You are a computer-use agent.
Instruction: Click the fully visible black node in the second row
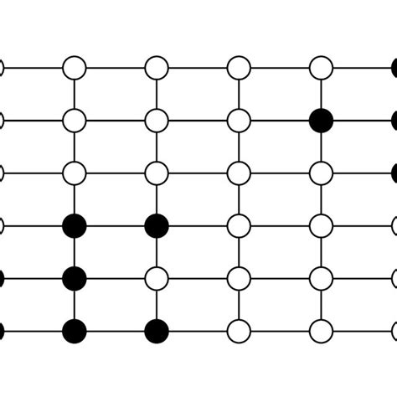pos(321,120)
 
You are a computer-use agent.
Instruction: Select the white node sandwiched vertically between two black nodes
pos(157,277)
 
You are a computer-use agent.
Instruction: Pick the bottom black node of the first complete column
pos(75,331)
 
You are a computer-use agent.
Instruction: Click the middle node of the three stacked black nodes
pos(75,277)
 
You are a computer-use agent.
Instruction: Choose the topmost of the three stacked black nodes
pos(75,224)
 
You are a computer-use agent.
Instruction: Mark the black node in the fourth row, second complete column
pos(157,224)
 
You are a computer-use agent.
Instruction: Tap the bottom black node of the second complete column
pos(157,331)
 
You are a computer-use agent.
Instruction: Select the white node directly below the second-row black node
pos(321,173)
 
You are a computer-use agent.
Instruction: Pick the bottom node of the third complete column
pos(239,331)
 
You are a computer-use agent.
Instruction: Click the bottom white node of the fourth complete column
pos(321,331)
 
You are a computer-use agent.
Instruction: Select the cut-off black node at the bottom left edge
pos(2,331)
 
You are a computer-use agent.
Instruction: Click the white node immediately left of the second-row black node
pos(239,120)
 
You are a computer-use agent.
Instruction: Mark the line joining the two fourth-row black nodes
pos(116,224)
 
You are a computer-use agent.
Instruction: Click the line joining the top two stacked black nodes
pos(75,251)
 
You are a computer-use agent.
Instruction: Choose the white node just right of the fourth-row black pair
pos(239,224)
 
